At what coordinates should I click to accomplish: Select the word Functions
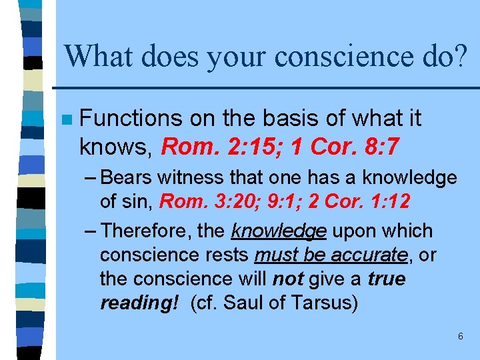[x=130, y=119]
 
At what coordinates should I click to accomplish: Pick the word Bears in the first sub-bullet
[x=126, y=178]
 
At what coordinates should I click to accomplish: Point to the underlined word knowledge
[x=278, y=231]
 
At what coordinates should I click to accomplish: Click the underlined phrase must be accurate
[x=331, y=255]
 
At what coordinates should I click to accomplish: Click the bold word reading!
[x=139, y=303]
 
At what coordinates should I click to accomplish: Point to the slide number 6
[x=460, y=337]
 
